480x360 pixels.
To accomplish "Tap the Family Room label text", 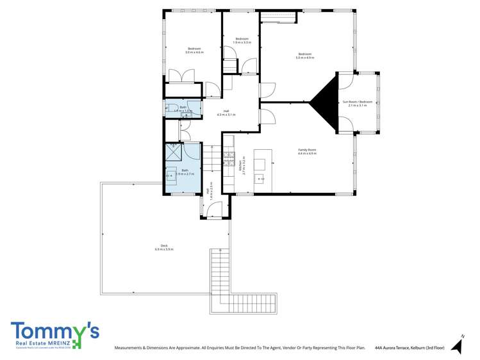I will pos(307,150).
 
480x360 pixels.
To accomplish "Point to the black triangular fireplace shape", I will pos(327,102).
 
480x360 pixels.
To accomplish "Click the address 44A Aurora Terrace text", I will pos(410,348).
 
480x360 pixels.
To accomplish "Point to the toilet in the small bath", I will pos(167,109).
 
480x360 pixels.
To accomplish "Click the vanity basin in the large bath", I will pos(170,175).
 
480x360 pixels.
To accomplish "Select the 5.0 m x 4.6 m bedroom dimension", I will pos(194,53).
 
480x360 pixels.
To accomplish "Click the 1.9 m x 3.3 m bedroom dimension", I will pos(242,42).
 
